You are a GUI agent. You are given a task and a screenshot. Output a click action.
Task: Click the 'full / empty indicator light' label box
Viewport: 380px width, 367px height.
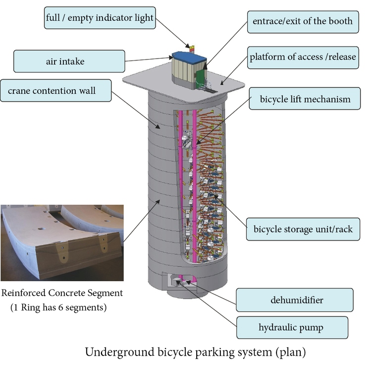coord(100,18)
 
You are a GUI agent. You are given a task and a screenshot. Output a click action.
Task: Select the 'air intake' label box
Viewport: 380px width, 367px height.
coord(69,61)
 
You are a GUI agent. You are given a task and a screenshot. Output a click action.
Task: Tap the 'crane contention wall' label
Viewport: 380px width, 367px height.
coord(56,90)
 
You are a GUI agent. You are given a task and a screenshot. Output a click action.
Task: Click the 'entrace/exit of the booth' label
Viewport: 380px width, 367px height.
coord(303,22)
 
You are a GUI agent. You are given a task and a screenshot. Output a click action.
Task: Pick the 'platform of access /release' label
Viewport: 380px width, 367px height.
coord(303,58)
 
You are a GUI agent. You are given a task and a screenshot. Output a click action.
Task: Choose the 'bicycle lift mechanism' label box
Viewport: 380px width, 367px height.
coord(305,99)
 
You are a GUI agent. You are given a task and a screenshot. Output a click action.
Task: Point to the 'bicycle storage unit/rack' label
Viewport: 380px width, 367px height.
coord(303,229)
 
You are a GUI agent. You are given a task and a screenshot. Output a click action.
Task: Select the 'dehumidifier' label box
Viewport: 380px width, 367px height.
coord(295,300)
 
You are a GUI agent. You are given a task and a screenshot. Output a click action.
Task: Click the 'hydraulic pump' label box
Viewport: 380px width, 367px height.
coord(292,327)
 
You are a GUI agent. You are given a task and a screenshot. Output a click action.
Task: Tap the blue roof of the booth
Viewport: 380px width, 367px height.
coord(190,57)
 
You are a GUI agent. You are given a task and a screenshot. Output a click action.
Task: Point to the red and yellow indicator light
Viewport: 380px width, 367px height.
coord(192,49)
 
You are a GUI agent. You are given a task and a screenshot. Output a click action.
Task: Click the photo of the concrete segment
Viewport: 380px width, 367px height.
coord(62,243)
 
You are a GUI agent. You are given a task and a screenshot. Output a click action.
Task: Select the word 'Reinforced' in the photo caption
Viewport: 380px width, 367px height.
coord(24,293)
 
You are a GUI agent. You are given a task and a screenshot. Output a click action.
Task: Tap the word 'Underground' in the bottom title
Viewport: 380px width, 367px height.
coord(120,352)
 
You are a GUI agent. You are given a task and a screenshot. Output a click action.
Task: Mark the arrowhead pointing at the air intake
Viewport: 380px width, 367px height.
coord(170,58)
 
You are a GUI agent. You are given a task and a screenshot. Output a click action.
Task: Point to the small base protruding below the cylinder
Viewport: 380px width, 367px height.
coord(187,293)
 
